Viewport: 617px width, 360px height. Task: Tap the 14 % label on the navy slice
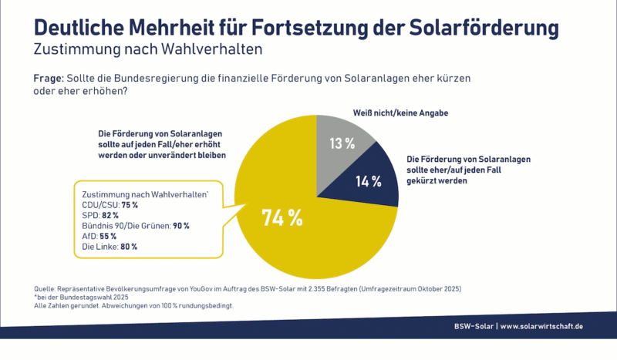[369, 182]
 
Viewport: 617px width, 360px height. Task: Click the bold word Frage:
[49, 79]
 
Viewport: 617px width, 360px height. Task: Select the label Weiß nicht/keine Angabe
[400, 113]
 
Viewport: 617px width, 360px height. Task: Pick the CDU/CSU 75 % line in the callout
[110, 204]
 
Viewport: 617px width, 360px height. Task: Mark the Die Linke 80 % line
[109, 247]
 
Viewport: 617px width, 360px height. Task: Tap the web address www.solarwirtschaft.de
[541, 327]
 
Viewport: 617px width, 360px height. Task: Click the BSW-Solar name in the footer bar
[474, 327]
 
